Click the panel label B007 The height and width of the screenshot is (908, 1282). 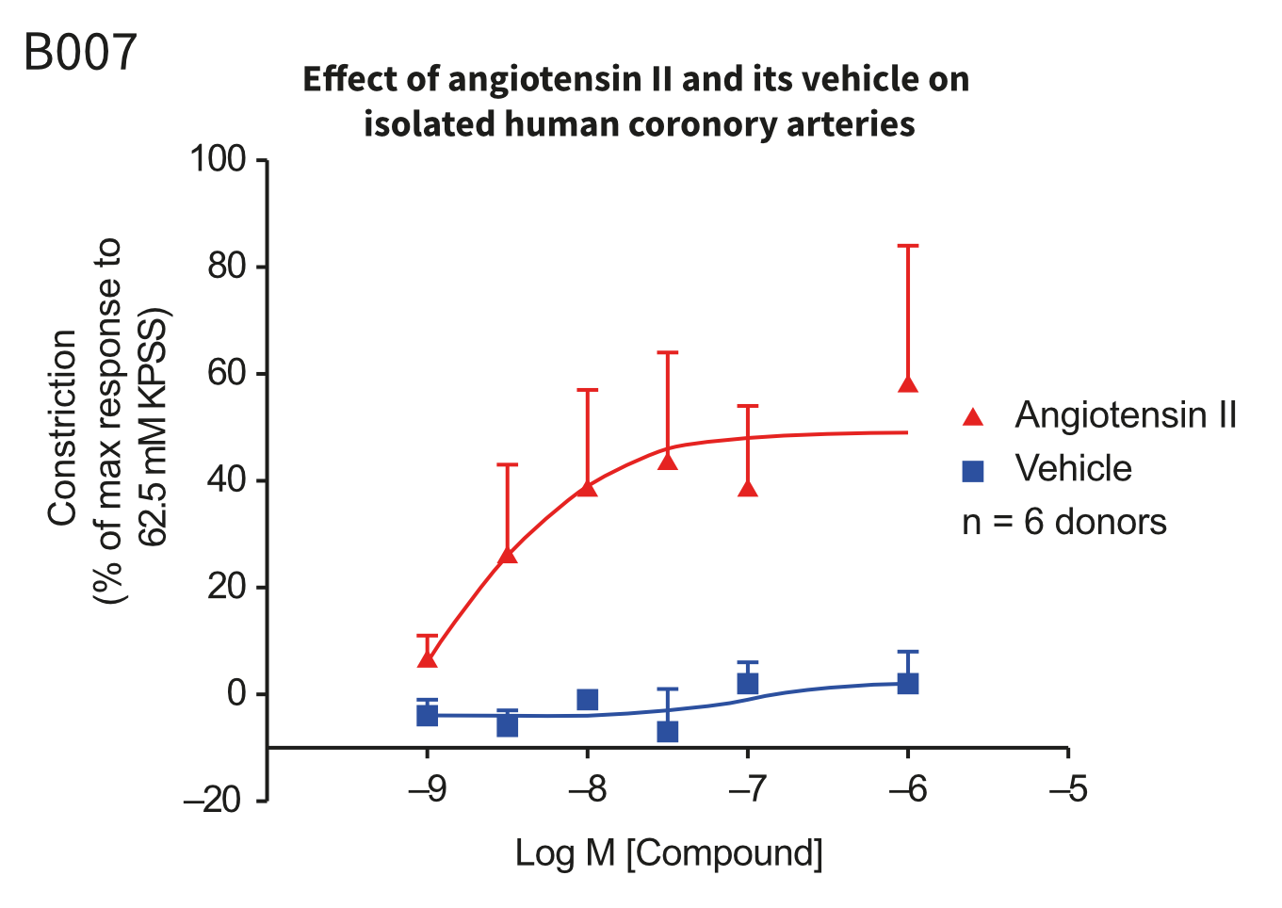(80, 52)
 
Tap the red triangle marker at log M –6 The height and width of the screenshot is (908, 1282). (908, 384)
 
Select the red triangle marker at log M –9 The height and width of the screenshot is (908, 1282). (428, 658)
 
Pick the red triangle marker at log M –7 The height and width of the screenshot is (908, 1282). (748, 488)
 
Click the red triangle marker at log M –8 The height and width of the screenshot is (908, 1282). (588, 487)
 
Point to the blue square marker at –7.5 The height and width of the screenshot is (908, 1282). (668, 731)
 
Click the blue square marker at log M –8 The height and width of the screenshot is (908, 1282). (588, 699)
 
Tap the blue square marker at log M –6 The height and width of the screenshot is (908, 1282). (908, 683)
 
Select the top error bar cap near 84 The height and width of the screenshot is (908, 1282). (908, 246)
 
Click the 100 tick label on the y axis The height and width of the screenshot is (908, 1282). (218, 160)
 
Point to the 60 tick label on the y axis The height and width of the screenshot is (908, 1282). (226, 374)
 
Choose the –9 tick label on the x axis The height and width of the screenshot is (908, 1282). (428, 788)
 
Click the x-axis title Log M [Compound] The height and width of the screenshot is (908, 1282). (669, 853)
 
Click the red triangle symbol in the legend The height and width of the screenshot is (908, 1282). (973, 416)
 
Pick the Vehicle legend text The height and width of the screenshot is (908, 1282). (1073, 468)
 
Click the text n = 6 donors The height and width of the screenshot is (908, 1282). (1063, 522)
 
